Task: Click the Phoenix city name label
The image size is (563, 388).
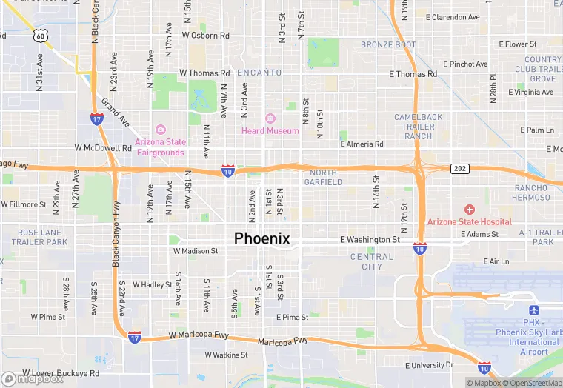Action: point(261,238)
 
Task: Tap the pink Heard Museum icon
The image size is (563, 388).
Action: point(270,118)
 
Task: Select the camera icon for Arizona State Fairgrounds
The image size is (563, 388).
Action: point(160,130)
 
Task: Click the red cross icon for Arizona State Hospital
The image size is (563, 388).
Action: point(469,210)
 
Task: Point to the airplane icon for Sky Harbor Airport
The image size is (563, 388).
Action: point(534,311)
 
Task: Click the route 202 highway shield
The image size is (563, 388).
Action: point(460,169)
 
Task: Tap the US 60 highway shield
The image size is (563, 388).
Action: point(41,35)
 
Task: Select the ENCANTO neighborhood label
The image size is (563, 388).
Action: point(259,73)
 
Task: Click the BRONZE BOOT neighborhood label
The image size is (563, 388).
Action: point(389,45)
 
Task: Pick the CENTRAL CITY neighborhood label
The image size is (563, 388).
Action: point(372,262)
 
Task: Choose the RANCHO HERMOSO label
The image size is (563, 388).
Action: point(531,193)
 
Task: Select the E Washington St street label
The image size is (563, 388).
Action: point(370,240)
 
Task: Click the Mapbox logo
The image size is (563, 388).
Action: point(33,378)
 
